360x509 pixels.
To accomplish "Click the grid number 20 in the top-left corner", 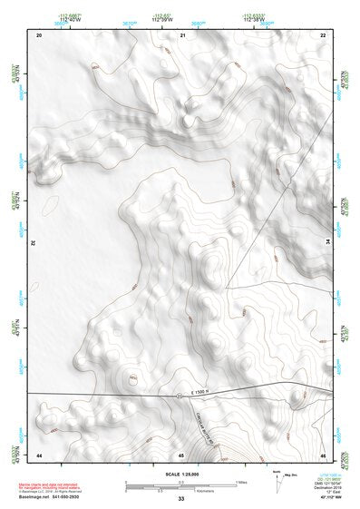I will coord(39,34).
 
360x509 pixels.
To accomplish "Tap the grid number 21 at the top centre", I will coord(182,34).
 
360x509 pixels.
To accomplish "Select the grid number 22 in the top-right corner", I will coord(323,34).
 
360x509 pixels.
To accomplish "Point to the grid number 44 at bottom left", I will coord(39,454).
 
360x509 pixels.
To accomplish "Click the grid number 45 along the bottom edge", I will coord(181,454).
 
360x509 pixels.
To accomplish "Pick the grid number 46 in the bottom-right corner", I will coord(323,454).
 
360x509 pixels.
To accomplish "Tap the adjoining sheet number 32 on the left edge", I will coord(33,244).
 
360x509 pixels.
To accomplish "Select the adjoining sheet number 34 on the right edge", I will coord(329,244).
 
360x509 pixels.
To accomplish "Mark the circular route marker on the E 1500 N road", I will coord(180,396).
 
